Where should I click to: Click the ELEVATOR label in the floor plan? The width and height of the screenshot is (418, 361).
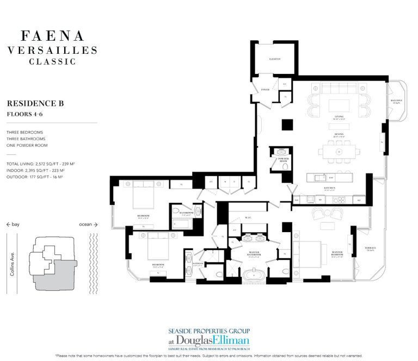click(274, 59)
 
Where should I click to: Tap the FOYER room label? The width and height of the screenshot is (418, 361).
click(265, 89)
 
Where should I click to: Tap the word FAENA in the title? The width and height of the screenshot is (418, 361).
click(52, 36)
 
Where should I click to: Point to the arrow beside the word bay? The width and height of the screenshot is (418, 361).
click(9, 224)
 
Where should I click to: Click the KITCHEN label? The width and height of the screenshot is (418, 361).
click(329, 188)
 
